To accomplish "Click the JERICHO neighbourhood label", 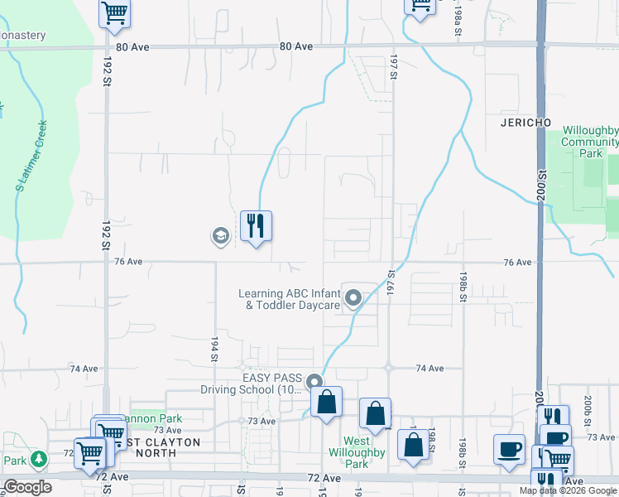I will pos(525,123).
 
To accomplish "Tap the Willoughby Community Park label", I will pos(590,142).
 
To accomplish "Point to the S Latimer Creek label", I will pos(31,157).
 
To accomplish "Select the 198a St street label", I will pos(458,22).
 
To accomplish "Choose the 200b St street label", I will pos(587,409).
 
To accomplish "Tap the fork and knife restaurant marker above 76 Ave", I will pos(256,225).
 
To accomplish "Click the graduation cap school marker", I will pos(220,237).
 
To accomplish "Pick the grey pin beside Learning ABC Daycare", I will pos(353,297).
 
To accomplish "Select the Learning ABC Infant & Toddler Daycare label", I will pos(289,299).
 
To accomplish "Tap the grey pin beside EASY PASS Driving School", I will pos(314,383).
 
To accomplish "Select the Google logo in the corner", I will pos(27,487).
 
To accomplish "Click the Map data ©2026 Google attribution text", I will pos(568,490).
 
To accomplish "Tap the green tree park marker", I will pos(39,459).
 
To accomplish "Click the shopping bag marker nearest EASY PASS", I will pos(327,403).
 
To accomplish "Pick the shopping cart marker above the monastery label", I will pos(114,12).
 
